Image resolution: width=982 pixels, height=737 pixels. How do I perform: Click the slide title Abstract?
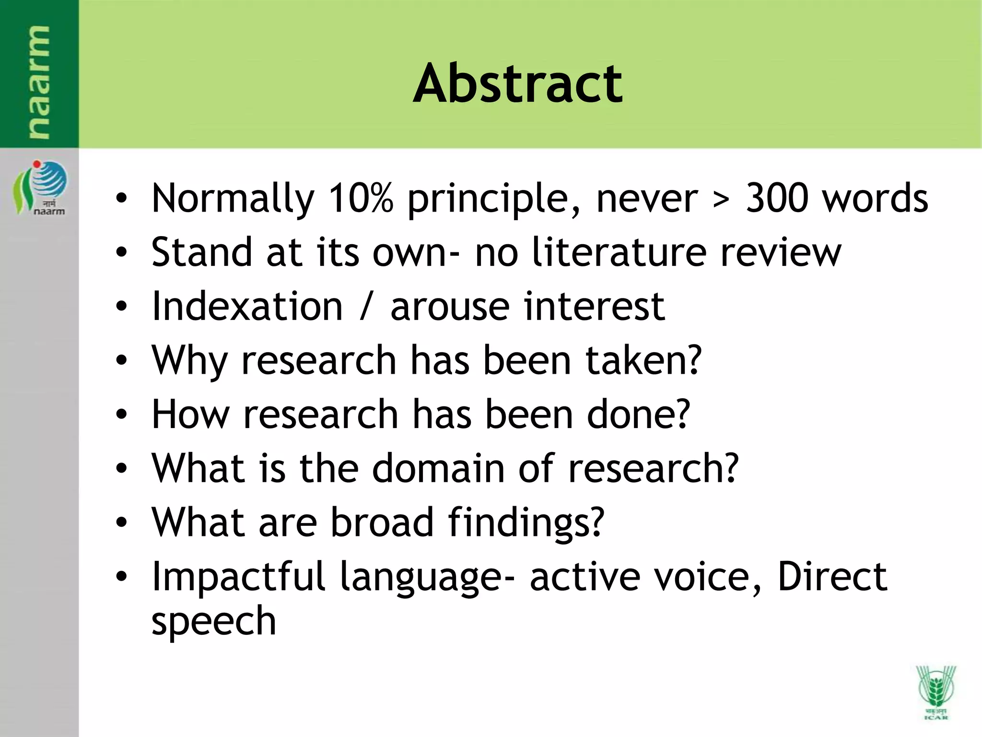point(517,83)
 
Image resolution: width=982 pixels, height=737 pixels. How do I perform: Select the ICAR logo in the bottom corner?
point(935,691)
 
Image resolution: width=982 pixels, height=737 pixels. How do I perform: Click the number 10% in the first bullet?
point(361,198)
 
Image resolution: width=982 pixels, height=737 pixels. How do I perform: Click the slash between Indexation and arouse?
point(366,307)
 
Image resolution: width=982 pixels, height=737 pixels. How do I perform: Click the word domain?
point(438,468)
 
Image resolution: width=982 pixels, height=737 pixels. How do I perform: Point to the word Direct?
point(832,576)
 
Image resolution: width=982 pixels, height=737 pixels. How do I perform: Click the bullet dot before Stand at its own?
point(122,252)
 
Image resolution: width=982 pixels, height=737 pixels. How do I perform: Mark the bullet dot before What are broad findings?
point(122,522)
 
